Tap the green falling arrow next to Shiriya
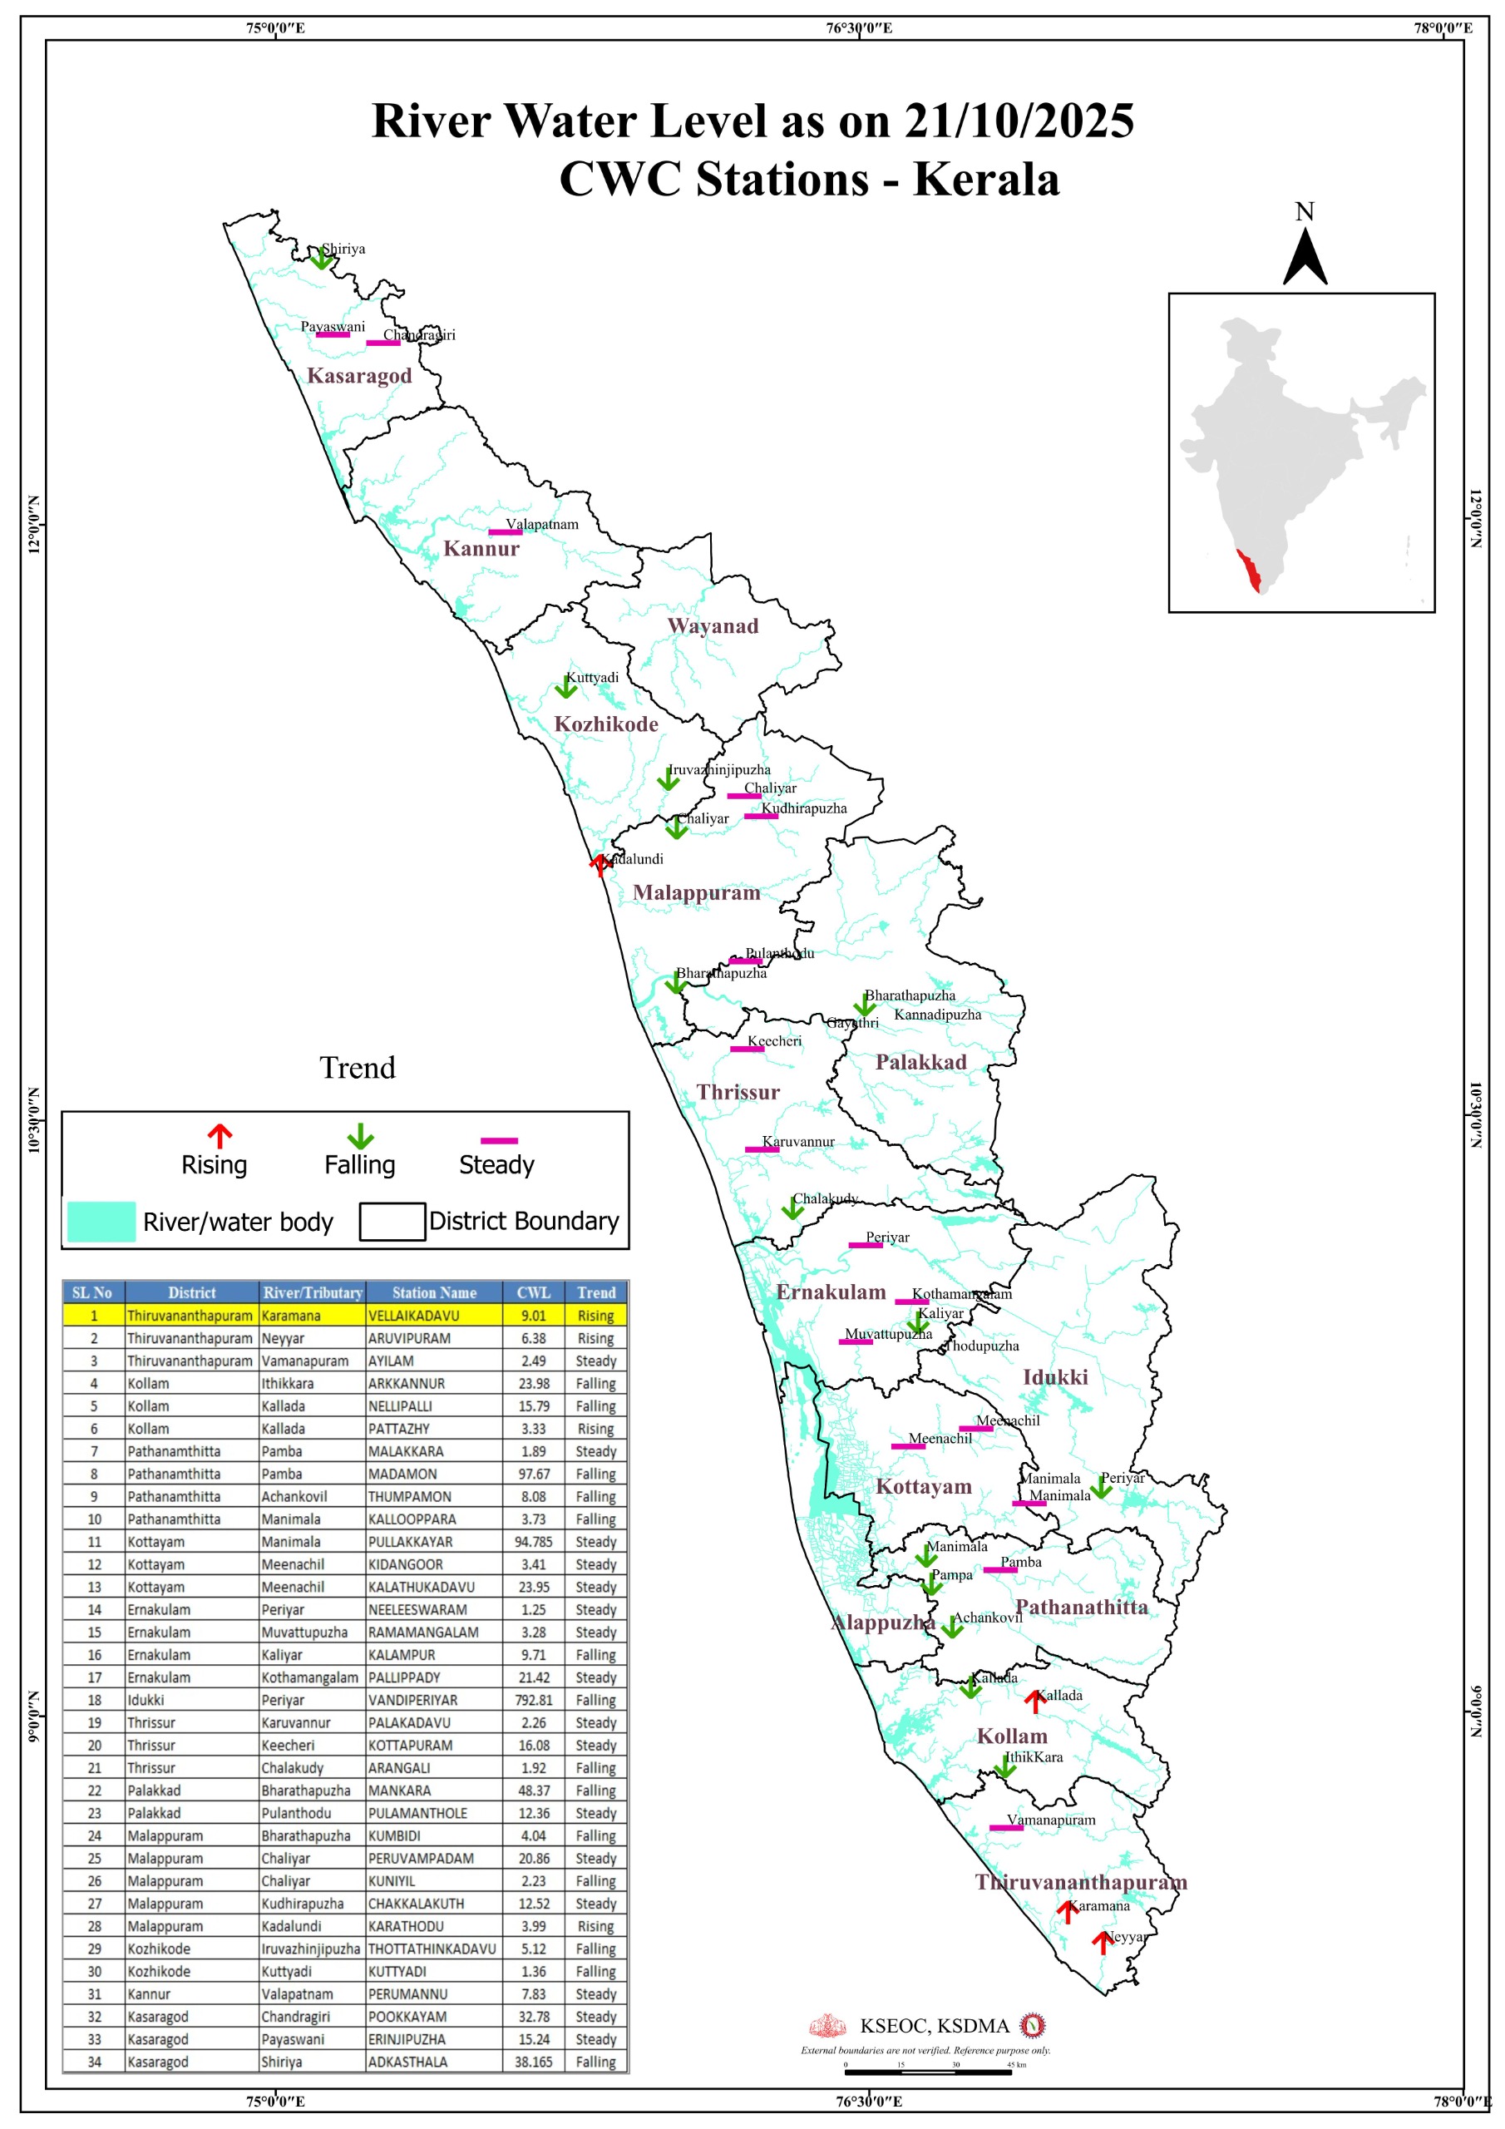click(321, 258)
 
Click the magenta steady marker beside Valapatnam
click(505, 531)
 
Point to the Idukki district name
click(1054, 1377)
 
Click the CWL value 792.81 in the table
click(533, 1700)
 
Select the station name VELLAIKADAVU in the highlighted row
click(412, 1315)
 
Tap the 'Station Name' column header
click(433, 1292)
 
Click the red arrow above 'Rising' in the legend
click(219, 1136)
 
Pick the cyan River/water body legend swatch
click(101, 1221)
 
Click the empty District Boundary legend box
click(392, 1221)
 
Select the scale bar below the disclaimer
click(927, 2072)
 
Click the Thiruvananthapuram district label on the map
click(1080, 1881)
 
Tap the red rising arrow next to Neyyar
click(1102, 1942)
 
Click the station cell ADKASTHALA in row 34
click(407, 2062)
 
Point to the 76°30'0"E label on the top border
click(859, 27)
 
